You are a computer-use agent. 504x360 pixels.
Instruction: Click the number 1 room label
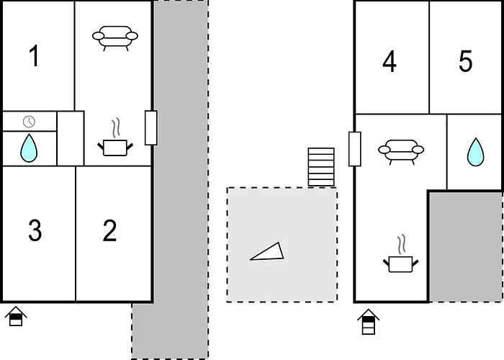pos(35,56)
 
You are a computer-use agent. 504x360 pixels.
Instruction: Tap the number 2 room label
pos(110,230)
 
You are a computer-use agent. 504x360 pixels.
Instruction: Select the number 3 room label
pos(35,230)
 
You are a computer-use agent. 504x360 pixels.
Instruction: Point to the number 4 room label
pos(390,61)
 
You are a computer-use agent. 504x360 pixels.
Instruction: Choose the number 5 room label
pos(465,60)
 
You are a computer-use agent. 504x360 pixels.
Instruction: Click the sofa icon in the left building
pos(115,38)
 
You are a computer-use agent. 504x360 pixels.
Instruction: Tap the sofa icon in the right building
pos(401,152)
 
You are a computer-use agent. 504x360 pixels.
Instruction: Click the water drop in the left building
pos(29,148)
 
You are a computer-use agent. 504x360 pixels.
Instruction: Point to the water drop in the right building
pos(475,153)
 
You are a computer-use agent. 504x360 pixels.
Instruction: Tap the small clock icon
pos(30,122)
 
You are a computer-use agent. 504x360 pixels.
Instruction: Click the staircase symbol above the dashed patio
pos(321,167)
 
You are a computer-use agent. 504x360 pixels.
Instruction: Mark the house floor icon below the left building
pos(16,316)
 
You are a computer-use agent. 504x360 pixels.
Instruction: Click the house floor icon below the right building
pos(369,322)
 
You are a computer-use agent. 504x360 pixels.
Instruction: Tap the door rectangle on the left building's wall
pos(151,128)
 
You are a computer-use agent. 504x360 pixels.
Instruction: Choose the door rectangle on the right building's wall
pos(355,149)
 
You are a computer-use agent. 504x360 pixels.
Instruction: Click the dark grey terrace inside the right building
pos(465,247)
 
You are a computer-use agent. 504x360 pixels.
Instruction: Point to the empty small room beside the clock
pos(71,138)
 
